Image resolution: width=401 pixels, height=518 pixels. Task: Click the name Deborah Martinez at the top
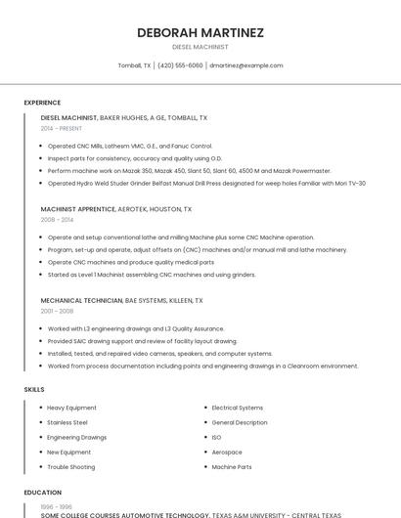tap(200, 32)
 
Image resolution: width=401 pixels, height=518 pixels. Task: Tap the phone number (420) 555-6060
tap(180, 65)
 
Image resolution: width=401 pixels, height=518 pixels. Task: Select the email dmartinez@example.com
tap(246, 65)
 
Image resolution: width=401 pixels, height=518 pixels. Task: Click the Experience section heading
tap(42, 103)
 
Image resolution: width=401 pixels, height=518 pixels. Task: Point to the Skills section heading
tap(34, 390)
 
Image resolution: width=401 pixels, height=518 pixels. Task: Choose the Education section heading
tap(42, 493)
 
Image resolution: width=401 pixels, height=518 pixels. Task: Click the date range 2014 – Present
tap(62, 128)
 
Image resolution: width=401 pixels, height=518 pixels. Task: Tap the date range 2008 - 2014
tap(57, 220)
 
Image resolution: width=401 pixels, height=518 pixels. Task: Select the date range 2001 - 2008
tap(57, 311)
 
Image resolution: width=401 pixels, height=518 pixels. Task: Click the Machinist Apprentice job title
tap(78, 209)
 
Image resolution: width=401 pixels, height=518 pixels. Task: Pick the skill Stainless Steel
tap(67, 422)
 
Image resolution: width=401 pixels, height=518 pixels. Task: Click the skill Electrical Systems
tap(238, 408)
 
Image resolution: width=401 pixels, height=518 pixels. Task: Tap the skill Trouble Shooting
tap(71, 467)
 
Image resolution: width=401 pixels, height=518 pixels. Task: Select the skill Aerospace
tap(227, 453)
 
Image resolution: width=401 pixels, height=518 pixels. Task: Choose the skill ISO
tap(216, 437)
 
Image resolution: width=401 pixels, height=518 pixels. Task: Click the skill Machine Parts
tap(232, 467)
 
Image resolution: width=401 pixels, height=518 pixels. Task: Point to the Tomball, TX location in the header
tap(134, 65)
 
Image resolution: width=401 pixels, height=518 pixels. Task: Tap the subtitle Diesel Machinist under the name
tap(200, 46)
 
